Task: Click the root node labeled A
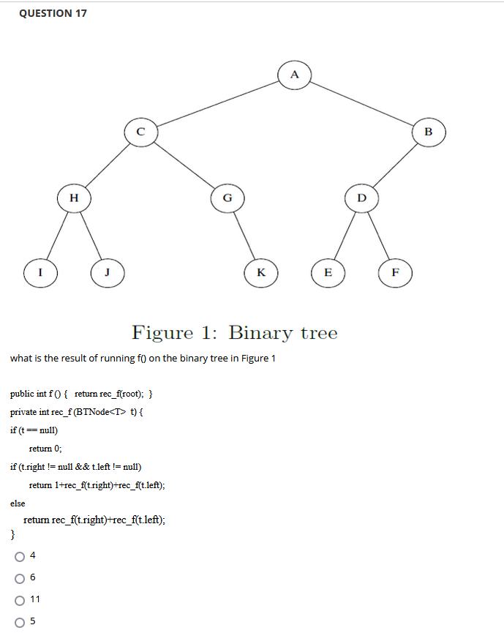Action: coord(294,74)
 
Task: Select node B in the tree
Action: coord(429,132)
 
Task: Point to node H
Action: coord(74,197)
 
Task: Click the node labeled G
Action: coord(227,197)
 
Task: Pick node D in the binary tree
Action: coord(361,197)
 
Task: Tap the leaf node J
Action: coord(107,273)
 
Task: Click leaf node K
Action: coord(260,273)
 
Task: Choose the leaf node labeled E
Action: coord(328,273)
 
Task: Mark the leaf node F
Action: coord(396,273)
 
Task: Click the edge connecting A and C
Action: coord(217,103)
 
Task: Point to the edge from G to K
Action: coord(244,235)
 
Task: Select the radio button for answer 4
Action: coord(18,557)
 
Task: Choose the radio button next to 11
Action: coord(18,599)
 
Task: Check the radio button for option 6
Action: coord(18,578)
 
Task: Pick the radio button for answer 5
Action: coord(18,621)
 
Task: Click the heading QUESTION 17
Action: coord(53,13)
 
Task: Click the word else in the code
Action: coord(18,503)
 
